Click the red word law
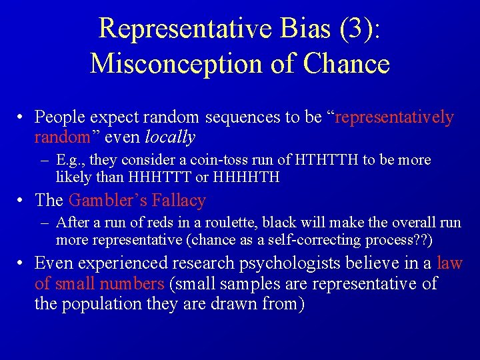[x=450, y=263]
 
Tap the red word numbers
[x=132, y=284]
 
